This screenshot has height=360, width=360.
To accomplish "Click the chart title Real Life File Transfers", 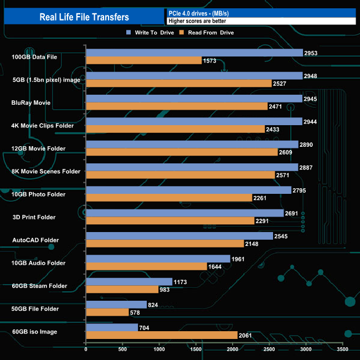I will coord(84,17).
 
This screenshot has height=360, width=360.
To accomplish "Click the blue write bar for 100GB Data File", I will coord(194,53).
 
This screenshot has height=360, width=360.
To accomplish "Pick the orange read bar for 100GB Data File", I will coord(143,60).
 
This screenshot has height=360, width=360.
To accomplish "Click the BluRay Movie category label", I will coord(31,102).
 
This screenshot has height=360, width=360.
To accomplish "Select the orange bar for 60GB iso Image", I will coord(162,336).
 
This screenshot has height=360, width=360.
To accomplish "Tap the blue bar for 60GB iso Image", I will coord(112,327).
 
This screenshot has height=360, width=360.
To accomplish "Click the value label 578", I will coord(137,313).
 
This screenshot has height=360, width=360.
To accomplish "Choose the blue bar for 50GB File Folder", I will coord(116,305).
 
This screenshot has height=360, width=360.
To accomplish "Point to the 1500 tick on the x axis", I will coord(196,349).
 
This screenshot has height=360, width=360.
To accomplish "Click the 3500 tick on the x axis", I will coord(343,349).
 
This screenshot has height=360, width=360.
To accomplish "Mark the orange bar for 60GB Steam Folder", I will coord(122,290).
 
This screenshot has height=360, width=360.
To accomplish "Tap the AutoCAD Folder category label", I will coord(35,240).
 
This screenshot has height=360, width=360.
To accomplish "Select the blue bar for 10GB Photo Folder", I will coord(188,190).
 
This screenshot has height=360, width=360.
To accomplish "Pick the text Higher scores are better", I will coord(197,21).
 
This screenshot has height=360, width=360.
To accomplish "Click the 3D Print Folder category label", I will coord(34,217).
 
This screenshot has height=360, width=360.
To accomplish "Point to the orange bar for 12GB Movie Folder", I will coord(182,152).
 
